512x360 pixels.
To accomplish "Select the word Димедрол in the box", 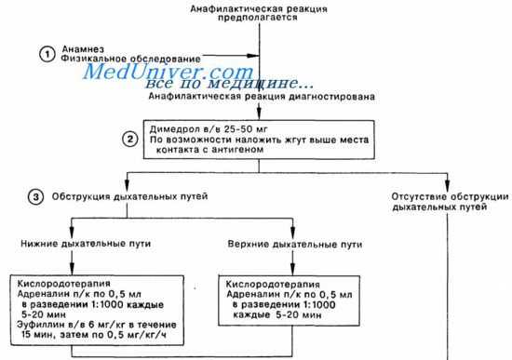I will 171,127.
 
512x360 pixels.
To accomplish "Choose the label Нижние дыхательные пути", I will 76,246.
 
